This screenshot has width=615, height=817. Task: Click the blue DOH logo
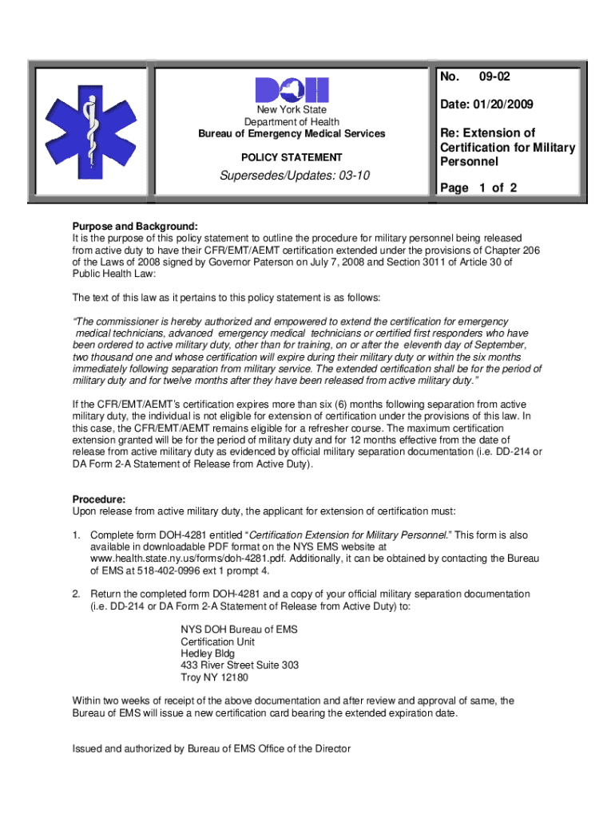coord(292,90)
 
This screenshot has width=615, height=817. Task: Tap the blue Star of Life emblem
coord(92,132)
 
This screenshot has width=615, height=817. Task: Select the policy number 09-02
coord(494,77)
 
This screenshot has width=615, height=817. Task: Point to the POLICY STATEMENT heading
coord(292,158)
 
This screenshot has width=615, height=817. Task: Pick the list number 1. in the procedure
coord(77,535)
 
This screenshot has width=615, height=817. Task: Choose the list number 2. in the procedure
coord(77,594)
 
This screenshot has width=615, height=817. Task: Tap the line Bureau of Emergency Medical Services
coord(292,133)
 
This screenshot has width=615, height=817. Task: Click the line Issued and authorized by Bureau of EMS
coord(212,749)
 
